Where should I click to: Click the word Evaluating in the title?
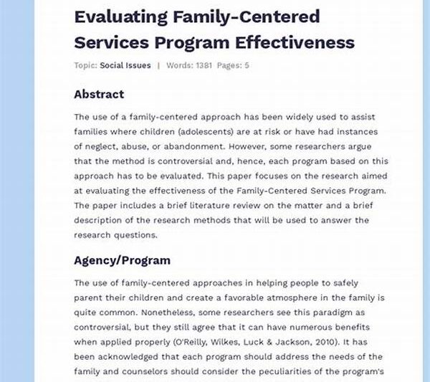pos(119,16)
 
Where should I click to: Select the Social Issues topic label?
pos(125,65)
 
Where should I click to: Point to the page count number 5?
pos(247,65)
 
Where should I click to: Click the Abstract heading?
pos(99,94)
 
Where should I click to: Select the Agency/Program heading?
pos(122,260)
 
